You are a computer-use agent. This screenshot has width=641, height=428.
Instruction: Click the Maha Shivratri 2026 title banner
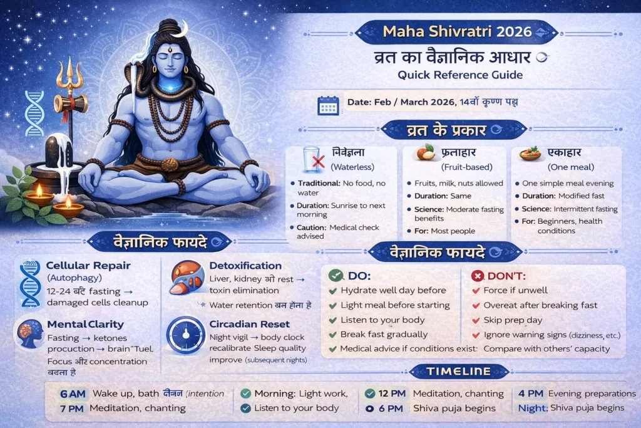[x=458, y=32]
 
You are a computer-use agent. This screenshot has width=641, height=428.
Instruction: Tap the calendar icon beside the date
[x=328, y=104]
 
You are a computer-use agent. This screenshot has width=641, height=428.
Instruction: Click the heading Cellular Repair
[x=79, y=265]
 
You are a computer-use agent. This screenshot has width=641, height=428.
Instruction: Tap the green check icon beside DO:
[x=336, y=275]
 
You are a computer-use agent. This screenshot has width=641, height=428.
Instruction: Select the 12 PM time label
[x=392, y=394]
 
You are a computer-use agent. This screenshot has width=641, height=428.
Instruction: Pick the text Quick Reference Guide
[x=460, y=75]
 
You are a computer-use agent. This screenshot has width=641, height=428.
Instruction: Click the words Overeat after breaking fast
[x=540, y=305]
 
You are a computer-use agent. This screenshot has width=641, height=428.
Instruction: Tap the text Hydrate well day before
[x=393, y=290]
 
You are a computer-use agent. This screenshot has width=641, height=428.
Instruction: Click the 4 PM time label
[x=530, y=394]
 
